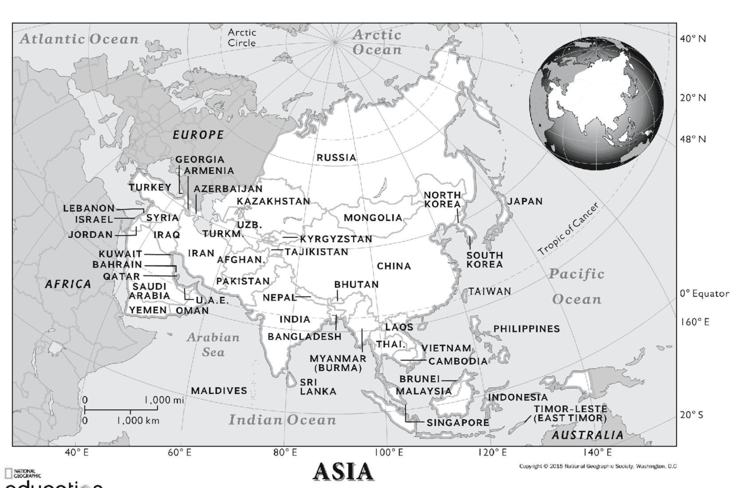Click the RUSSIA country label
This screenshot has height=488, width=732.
336,157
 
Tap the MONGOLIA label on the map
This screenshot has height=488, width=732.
373,218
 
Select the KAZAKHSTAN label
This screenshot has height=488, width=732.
274,201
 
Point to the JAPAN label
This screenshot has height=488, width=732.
525,201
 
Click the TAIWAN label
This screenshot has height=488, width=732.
490,291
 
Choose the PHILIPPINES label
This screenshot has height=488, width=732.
526,329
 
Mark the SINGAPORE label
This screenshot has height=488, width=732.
458,423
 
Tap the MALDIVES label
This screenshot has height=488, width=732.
219,391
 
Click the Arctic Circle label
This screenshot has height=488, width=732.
242,38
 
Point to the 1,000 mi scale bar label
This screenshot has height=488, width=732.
165,400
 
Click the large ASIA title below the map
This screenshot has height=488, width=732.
344,471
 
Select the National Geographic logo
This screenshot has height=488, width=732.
23,473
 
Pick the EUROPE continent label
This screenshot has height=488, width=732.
198,135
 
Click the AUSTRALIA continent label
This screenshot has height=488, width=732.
587,435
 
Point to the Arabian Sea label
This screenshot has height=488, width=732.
213,345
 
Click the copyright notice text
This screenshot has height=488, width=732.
598,466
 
